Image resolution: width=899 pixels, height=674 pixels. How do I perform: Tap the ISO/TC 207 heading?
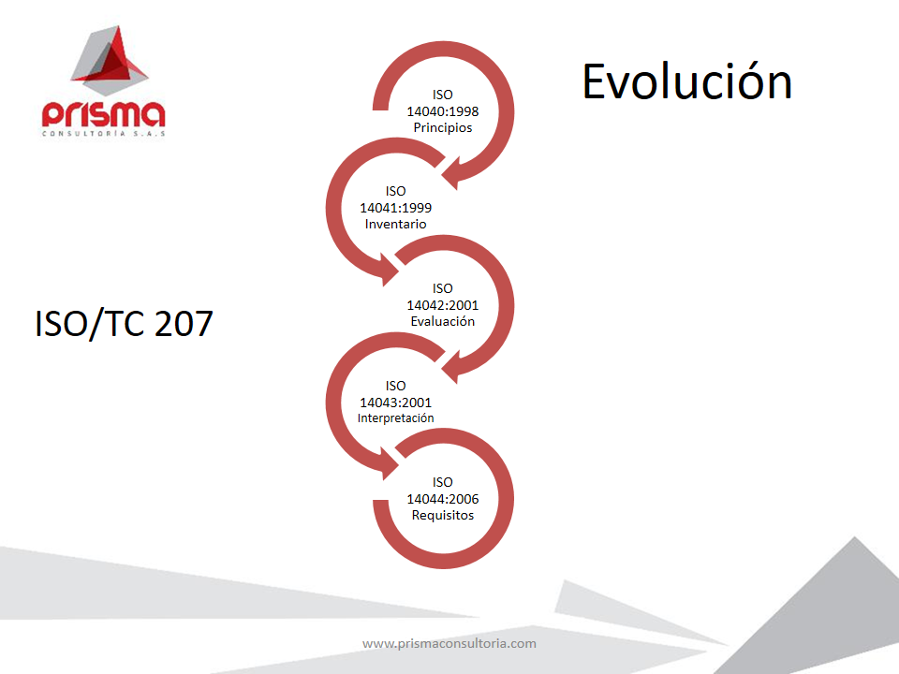point(124,323)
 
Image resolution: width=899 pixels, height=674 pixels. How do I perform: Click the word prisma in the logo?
point(103,114)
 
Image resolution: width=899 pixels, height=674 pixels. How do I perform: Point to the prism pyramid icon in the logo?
point(109,60)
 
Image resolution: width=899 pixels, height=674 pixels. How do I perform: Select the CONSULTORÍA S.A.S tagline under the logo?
point(103,134)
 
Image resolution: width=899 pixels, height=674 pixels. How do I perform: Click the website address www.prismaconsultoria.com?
point(449,644)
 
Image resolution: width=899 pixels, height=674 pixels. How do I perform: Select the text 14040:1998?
point(443,111)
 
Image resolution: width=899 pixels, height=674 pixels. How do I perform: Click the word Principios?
point(443,127)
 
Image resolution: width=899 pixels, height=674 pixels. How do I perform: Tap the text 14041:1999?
point(395,208)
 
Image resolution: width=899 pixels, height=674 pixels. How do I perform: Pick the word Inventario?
point(395,224)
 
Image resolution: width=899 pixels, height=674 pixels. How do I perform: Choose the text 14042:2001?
point(443,305)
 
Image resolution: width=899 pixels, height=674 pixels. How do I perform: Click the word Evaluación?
point(443,321)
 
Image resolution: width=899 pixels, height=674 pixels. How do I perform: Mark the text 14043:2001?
point(395,403)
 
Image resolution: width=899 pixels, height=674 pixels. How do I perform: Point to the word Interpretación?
point(395,418)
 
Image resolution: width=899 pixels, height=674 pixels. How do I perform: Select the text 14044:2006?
point(443,499)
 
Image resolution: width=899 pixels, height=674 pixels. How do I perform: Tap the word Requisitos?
point(443,515)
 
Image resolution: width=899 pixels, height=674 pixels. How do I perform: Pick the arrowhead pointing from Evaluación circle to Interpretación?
point(453,366)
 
